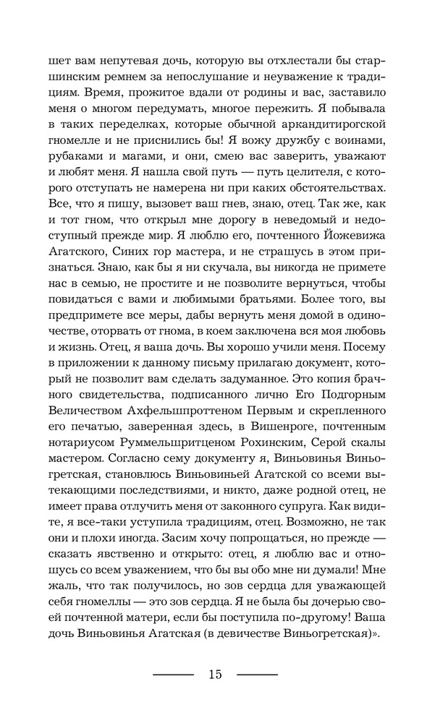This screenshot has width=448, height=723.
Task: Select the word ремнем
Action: click(x=124, y=78)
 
